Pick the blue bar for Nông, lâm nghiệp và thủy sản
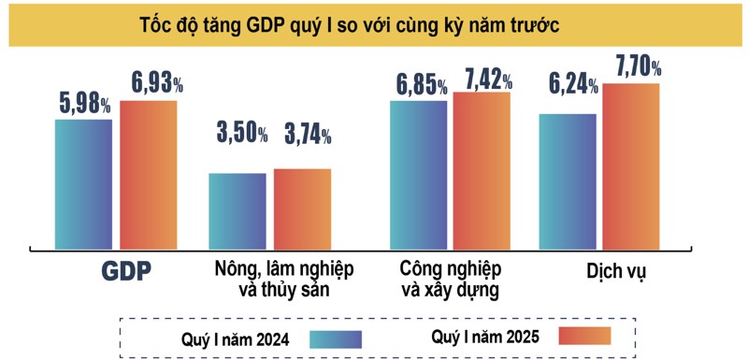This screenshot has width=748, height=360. coord(237,207)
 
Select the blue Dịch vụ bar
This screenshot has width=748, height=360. coord(568,177)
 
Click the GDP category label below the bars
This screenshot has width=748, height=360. coord(126,271)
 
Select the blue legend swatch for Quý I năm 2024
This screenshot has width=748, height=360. coord(335,338)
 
